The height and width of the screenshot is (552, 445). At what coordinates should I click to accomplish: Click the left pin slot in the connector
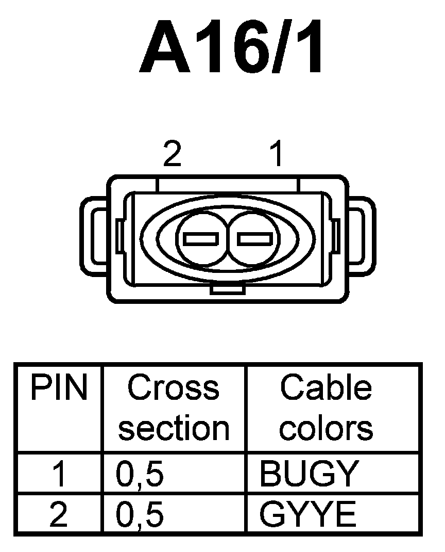coord(202,239)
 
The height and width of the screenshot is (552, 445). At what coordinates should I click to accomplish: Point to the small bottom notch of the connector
coord(227,291)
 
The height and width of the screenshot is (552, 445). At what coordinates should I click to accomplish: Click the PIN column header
coord(59,388)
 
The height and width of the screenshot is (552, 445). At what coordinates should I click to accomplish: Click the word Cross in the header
coord(173,388)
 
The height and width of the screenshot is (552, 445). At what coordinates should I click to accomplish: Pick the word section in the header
coord(174,428)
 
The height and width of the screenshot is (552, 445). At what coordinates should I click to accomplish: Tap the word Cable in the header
coord(326,388)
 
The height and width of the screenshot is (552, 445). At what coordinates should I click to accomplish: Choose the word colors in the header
coord(326,428)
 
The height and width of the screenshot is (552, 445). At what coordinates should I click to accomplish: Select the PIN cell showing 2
coord(59,514)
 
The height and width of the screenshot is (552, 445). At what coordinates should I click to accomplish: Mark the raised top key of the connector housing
coord(227,184)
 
